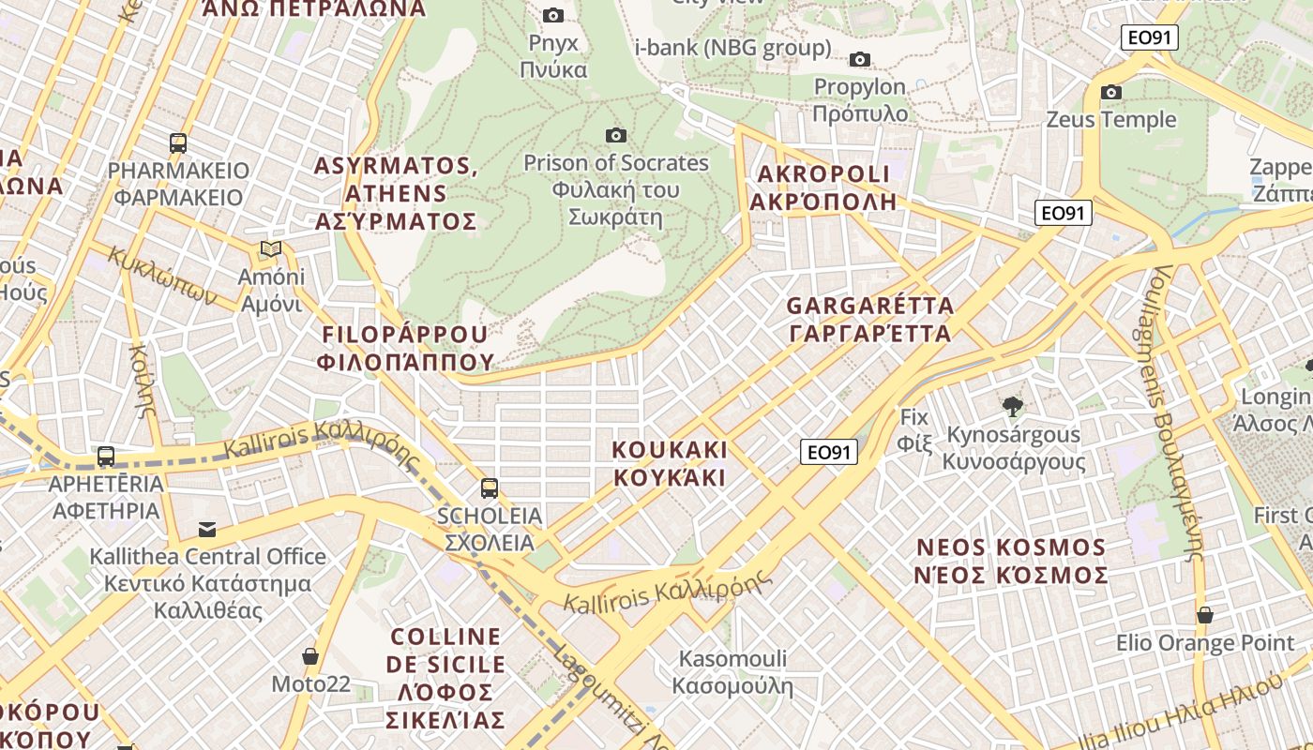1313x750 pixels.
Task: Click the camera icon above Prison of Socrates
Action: [x=615, y=136]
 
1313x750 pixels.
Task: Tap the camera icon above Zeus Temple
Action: [x=1111, y=92]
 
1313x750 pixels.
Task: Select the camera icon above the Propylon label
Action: [x=859, y=60]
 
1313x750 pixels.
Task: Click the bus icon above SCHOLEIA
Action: [x=489, y=487]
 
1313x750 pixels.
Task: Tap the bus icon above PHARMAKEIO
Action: [x=178, y=143]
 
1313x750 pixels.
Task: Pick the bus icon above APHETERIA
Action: [x=106, y=457]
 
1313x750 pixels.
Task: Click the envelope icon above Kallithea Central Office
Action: [x=207, y=530]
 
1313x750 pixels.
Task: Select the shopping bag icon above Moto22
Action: [x=310, y=656]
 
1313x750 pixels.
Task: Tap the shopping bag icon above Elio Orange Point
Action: [x=1205, y=616]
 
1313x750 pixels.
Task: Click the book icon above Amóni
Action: [x=271, y=249]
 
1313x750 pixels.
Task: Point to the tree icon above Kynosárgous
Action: [x=1012, y=407]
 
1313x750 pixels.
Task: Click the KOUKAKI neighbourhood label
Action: [x=670, y=463]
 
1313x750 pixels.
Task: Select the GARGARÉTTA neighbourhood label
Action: [x=869, y=320]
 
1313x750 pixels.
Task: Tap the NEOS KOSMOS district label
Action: [x=1011, y=561]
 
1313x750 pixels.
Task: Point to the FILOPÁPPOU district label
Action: [x=406, y=348]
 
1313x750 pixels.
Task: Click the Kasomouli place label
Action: [x=732, y=672]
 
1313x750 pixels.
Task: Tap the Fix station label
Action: [x=913, y=429]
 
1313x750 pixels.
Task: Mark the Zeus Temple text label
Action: [x=1111, y=120]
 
